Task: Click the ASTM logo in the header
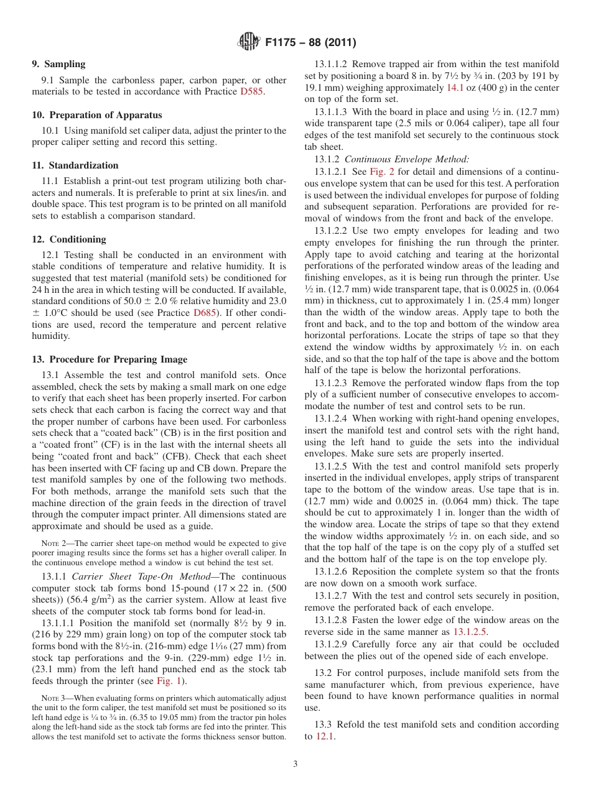[x=248, y=42]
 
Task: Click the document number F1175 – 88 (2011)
[x=310, y=43]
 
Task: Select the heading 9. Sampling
[x=58, y=64]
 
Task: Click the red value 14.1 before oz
[x=455, y=88]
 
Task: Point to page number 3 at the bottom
[x=295, y=764]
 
